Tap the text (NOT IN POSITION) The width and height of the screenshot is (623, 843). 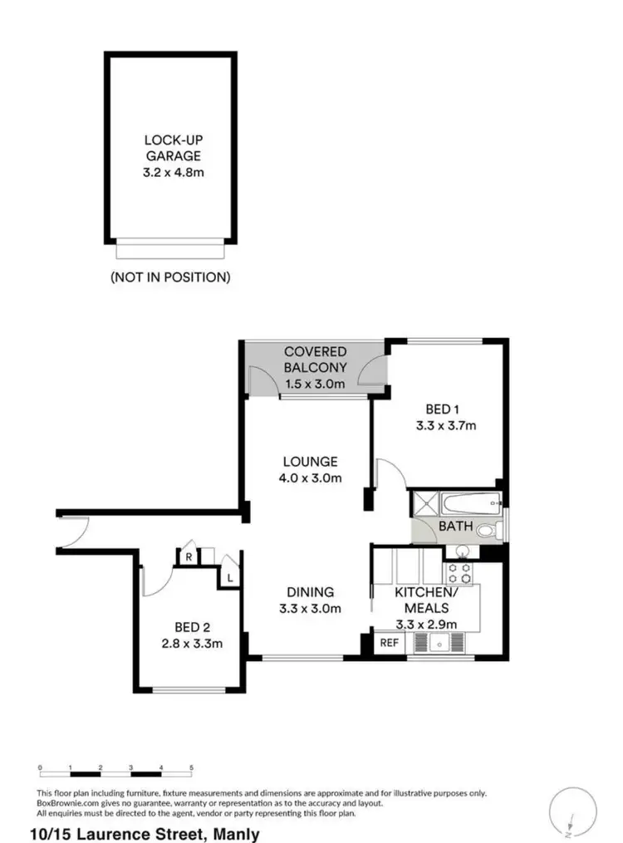[x=170, y=277]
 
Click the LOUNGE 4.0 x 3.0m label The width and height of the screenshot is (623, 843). [x=309, y=469]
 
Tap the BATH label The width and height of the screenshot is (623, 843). [x=455, y=526]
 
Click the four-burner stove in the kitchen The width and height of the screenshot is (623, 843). [x=460, y=572]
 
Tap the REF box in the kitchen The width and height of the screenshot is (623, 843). [x=388, y=642]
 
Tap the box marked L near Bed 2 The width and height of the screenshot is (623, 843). [x=229, y=576]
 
